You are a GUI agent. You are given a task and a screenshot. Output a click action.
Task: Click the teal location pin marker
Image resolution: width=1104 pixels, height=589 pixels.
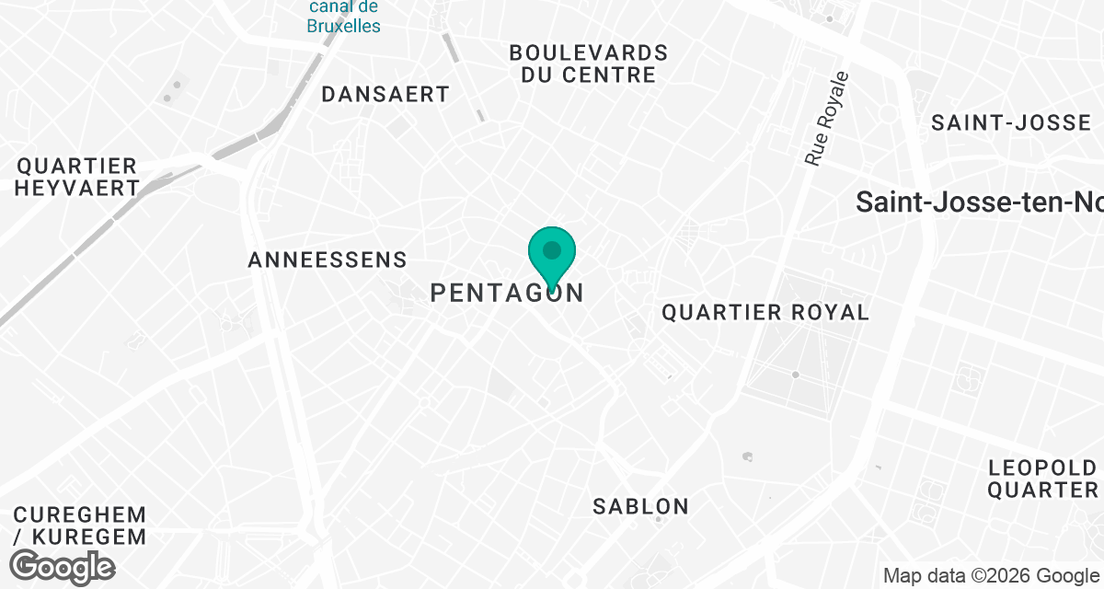552,259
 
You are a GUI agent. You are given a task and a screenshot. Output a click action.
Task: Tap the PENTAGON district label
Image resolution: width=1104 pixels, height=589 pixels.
507,294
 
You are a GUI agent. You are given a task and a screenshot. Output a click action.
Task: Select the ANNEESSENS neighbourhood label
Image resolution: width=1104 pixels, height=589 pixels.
328,260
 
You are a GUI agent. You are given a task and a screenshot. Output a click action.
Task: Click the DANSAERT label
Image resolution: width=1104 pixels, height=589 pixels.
385,94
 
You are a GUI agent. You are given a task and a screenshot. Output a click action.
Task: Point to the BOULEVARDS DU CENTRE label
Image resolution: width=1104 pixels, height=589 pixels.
588,64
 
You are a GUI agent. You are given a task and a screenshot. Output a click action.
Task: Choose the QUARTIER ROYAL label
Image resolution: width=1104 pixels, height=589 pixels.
765,313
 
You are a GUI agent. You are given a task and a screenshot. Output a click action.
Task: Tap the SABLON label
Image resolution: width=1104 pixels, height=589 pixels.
640,506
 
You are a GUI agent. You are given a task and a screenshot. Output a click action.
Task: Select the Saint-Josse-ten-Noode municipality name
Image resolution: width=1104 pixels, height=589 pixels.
979,202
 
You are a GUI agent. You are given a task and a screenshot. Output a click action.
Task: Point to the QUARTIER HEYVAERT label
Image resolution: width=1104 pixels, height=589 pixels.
78,177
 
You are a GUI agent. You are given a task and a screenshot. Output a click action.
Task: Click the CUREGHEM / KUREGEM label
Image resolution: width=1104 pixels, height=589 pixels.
79,525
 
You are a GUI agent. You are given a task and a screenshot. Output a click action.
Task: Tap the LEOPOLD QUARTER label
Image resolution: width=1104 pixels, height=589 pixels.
1043,479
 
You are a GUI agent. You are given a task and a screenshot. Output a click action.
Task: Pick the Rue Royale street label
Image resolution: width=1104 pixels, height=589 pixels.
825,118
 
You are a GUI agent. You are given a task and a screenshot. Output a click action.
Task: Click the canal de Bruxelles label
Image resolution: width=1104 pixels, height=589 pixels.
344,17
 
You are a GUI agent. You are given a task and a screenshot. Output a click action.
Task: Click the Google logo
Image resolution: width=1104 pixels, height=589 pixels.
63,566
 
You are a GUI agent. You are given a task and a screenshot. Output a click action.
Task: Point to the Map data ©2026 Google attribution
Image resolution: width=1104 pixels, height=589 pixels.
990,576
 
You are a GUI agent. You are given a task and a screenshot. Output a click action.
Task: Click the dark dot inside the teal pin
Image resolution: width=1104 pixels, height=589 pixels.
552,249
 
